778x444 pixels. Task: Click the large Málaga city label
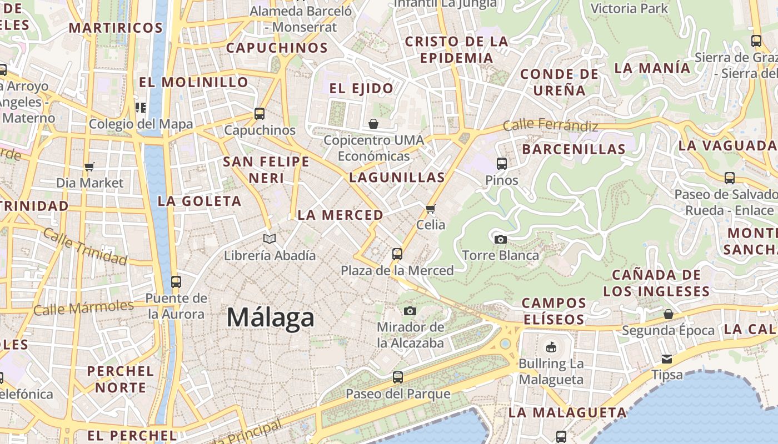(271, 318)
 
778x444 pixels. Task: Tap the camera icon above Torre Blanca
(500, 239)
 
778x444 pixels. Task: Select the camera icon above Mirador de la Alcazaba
(410, 311)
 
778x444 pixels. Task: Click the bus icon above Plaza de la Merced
(397, 254)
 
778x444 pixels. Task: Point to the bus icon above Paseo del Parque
(397, 377)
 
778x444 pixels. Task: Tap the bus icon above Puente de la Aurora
(176, 282)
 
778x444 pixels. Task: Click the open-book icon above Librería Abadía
(270, 239)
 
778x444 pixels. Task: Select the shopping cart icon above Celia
(430, 209)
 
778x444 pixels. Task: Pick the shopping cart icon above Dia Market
(89, 167)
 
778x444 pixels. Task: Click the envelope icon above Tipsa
(666, 359)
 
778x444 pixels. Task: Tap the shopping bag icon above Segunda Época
(669, 314)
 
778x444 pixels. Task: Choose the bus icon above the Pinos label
(501, 164)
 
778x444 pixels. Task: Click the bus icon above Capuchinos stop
(260, 114)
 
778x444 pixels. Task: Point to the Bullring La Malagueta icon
(551, 347)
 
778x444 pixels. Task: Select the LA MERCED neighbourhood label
(340, 215)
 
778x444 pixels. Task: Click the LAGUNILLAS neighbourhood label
(397, 178)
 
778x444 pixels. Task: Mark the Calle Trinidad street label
(84, 246)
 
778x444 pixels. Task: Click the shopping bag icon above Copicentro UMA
(373, 123)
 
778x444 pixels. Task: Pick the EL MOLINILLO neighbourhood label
(193, 82)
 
